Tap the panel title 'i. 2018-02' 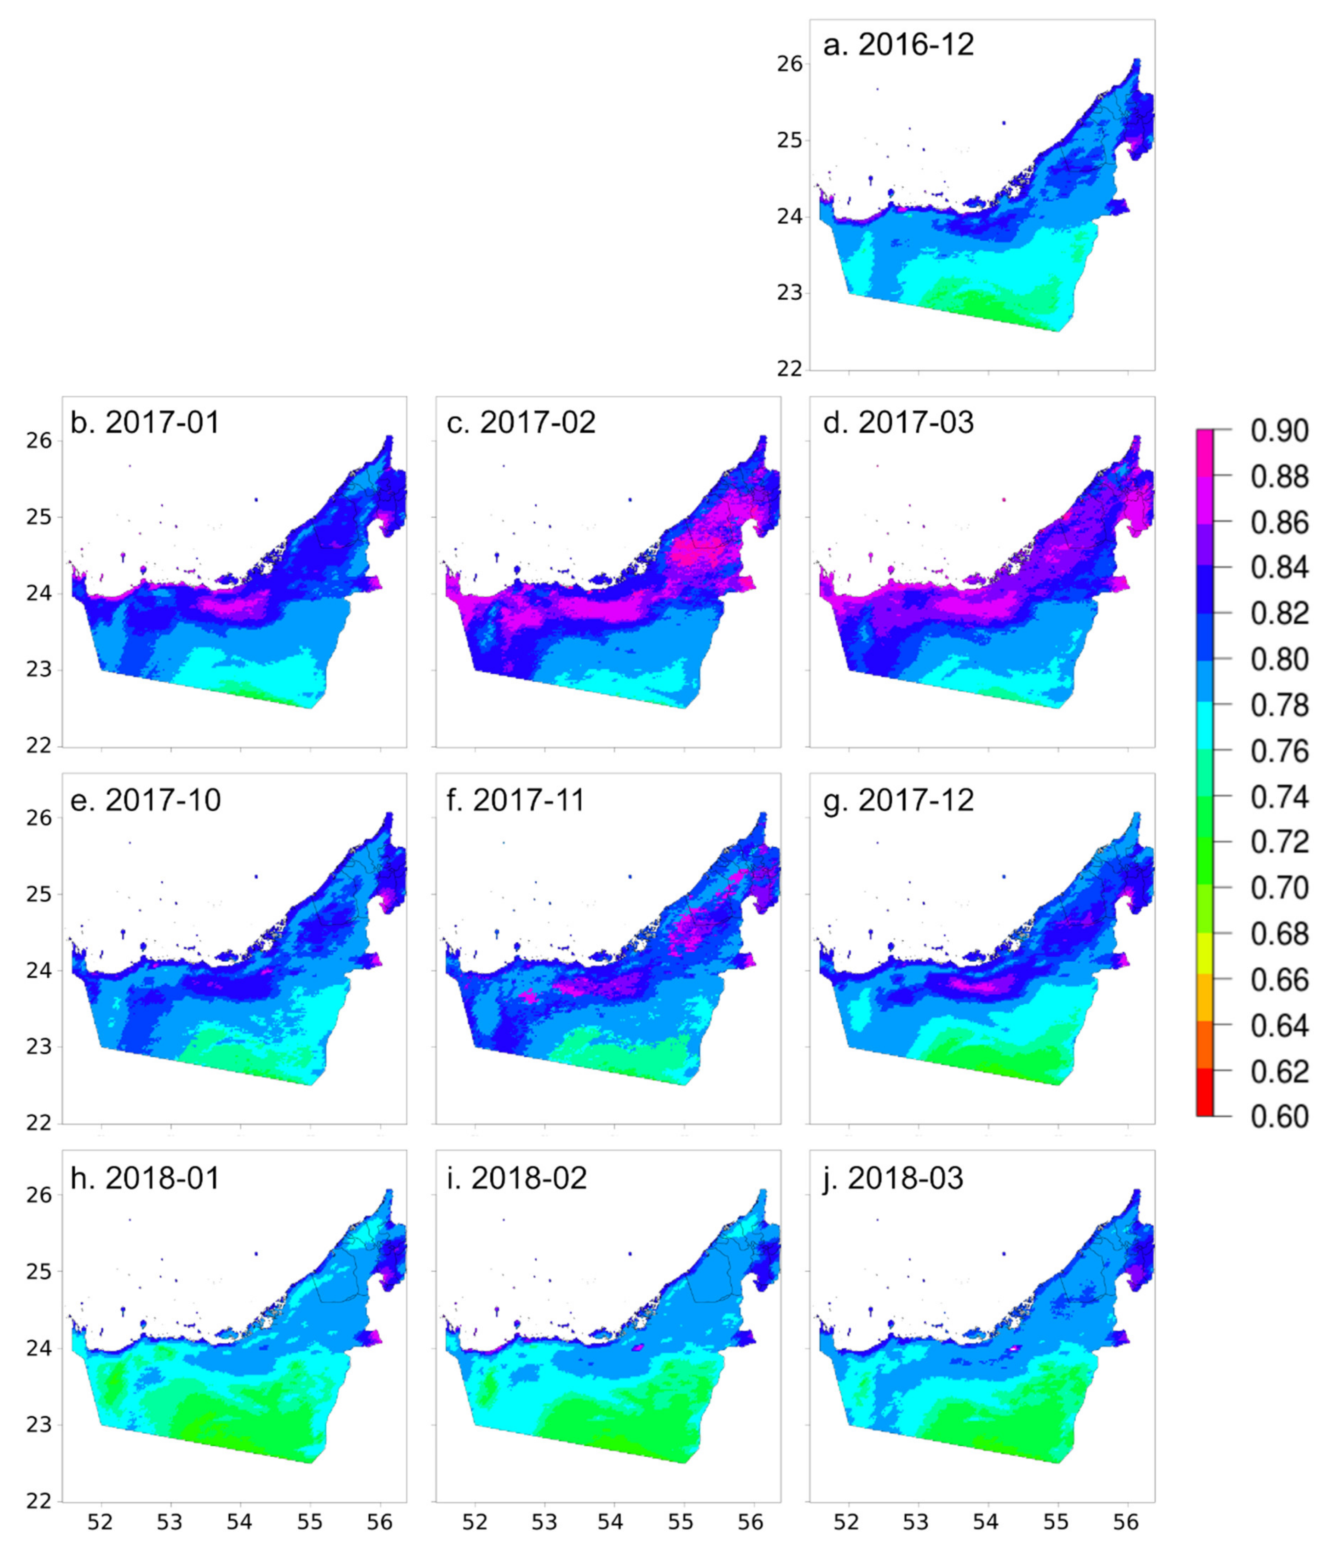pyautogui.click(x=516, y=1178)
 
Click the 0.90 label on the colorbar pyautogui.click(x=1279, y=431)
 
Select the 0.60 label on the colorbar pyautogui.click(x=1279, y=1117)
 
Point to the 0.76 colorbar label pyautogui.click(x=1279, y=751)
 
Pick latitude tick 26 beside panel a pyautogui.click(x=790, y=64)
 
